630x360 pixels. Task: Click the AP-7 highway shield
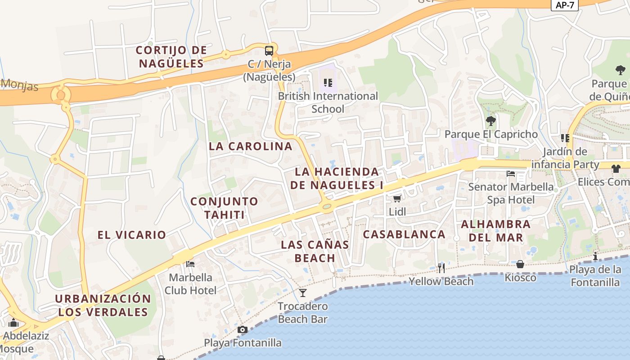pos(565,5)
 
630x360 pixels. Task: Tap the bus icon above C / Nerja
pos(269,50)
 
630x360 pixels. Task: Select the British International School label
pos(328,103)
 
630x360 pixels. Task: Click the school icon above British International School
pos(328,82)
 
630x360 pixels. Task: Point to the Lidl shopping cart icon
pos(397,198)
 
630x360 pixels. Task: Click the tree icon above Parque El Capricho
pos(491,121)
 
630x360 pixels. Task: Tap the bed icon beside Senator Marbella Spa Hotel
pos(510,174)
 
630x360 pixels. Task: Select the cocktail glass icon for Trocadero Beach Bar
pos(303,293)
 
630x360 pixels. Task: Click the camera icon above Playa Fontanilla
pos(243,330)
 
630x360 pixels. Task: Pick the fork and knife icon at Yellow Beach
pos(441,268)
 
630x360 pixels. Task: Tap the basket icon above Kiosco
pos(520,264)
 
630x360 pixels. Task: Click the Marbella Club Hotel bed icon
pos(190,264)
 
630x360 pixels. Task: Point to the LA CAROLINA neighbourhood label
pos(251,146)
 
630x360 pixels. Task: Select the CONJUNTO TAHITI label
pos(224,208)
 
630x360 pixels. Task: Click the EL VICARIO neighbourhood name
pos(132,234)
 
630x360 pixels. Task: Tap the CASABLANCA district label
pos(404,234)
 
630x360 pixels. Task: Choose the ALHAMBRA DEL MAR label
pos(495,230)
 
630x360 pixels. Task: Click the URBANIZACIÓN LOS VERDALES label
pos(103,305)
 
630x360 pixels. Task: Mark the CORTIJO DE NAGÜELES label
pos(171,57)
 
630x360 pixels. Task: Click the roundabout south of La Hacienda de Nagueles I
pos(327,207)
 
